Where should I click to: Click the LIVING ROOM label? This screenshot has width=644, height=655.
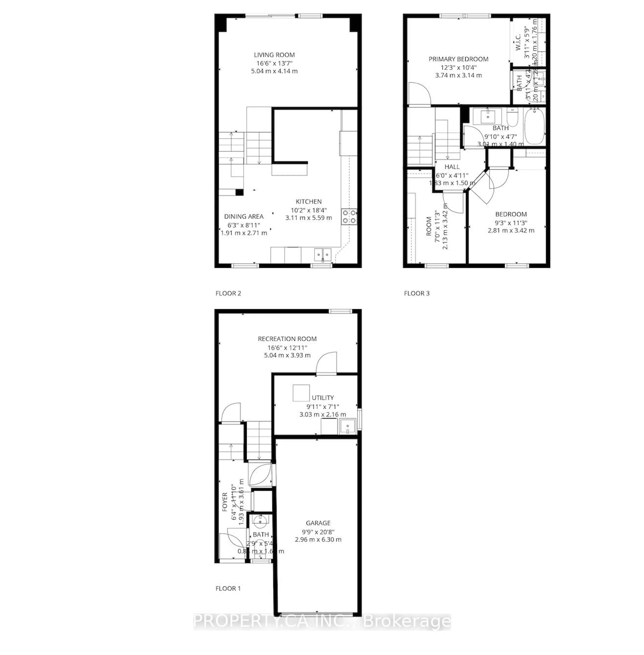pyautogui.click(x=274, y=55)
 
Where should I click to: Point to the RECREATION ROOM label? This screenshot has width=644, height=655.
pyautogui.click(x=287, y=339)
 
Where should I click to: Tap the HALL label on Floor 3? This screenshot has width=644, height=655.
pyautogui.click(x=452, y=167)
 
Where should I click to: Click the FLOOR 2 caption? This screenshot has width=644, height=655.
pyautogui.click(x=228, y=293)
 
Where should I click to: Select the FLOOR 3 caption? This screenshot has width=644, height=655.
pyautogui.click(x=417, y=293)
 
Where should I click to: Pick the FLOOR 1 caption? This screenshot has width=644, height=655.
pyautogui.click(x=228, y=588)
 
